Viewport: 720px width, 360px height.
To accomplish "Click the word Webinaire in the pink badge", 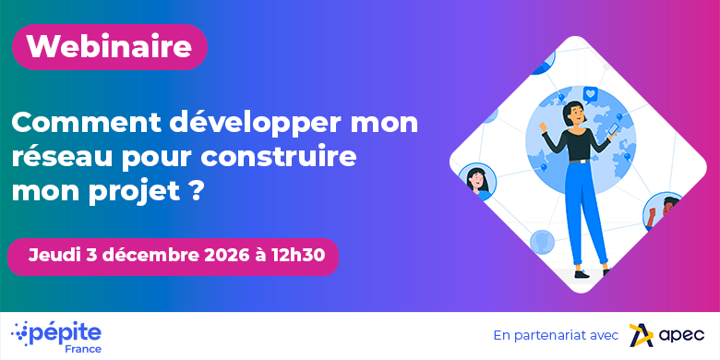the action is (109, 46).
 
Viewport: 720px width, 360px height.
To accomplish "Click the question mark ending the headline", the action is (196, 189).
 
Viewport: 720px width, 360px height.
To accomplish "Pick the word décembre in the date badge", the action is (154, 256).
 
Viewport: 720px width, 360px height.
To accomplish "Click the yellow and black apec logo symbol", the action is (642, 335).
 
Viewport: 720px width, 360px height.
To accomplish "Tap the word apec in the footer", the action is (681, 336).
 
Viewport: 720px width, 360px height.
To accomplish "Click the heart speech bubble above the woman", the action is (591, 93).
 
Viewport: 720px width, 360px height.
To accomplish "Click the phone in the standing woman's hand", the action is (613, 128).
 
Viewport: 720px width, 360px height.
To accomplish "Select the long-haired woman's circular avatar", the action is (476, 181).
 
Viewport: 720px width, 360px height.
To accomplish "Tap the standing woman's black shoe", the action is (582, 273).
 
